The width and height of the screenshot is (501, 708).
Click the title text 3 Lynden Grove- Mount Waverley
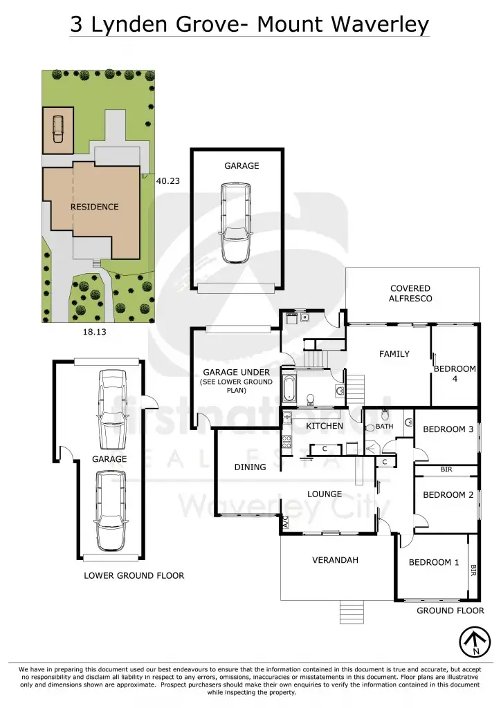pos(250,24)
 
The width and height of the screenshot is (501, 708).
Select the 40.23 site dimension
pos(168,180)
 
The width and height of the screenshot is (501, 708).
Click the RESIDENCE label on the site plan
pos(94,207)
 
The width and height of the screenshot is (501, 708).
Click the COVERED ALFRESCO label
pos(410,293)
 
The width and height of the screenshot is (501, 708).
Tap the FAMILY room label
pos(394,354)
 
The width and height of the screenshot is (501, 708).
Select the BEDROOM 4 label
pos(455,373)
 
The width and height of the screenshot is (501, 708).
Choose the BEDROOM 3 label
pos(448,429)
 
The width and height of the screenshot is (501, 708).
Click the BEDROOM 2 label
pos(448,495)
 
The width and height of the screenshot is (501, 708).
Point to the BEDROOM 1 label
pos(434,562)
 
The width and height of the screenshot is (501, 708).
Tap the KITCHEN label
pos(325,426)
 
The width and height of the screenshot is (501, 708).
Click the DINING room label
pos(250,467)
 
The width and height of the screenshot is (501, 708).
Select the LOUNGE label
pos(325,494)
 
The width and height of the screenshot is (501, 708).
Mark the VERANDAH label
pos(336,560)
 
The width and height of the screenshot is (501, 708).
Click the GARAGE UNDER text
pos(236,372)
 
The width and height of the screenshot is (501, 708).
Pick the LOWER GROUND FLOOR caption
pos(134,575)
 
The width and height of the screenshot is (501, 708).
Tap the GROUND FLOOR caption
pos(450,611)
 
